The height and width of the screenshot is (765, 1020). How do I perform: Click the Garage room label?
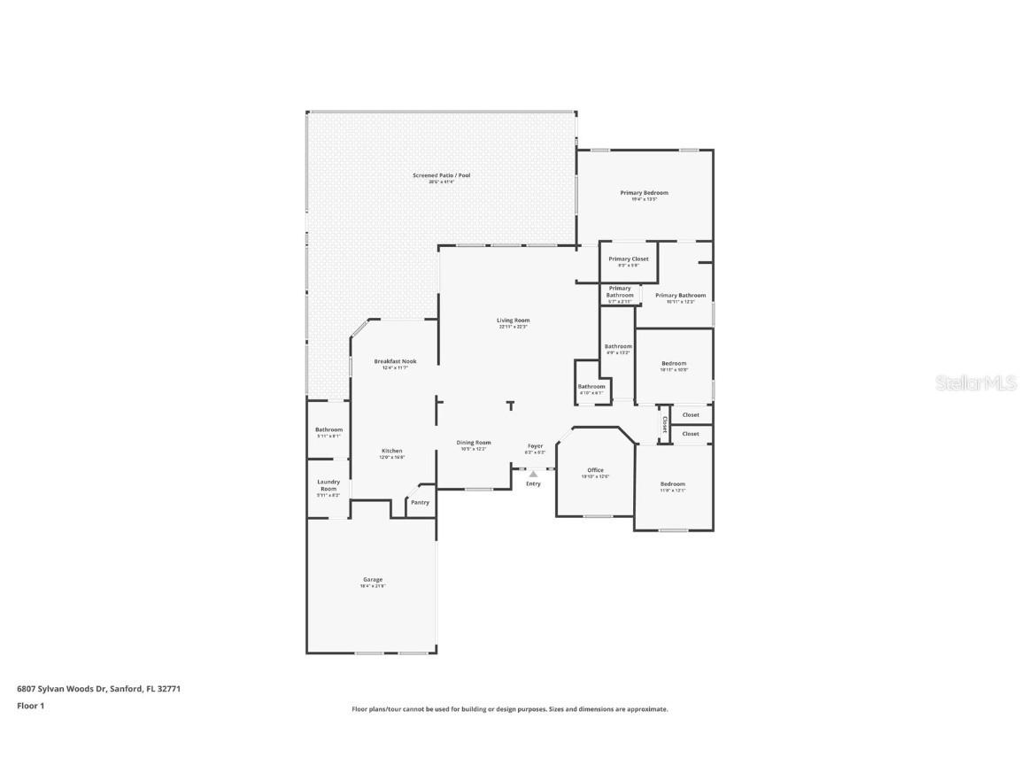[x=372, y=580]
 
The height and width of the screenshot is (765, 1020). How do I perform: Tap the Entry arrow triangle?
[x=533, y=475]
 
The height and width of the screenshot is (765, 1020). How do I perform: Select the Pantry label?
[x=420, y=503]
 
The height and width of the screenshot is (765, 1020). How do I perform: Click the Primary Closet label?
[x=629, y=259]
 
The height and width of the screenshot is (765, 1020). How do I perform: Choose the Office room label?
[x=595, y=470]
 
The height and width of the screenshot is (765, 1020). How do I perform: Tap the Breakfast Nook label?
[x=395, y=361]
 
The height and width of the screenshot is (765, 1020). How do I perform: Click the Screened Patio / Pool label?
[x=441, y=175]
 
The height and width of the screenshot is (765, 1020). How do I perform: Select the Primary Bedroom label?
[x=644, y=192]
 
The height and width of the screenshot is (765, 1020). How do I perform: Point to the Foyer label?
[x=535, y=445]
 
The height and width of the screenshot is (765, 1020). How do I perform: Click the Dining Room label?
[x=474, y=443]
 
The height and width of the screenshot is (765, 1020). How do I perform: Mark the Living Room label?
[x=513, y=321]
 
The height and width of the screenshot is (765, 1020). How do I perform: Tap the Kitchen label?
[x=392, y=451]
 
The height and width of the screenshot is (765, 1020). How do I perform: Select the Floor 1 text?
[x=30, y=706]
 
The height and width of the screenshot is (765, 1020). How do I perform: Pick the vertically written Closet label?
[x=664, y=424]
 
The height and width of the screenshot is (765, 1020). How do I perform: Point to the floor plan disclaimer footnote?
[x=509, y=709]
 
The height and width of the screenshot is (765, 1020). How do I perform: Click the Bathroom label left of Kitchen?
[x=328, y=429]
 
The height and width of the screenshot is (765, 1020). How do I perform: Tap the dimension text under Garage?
[x=372, y=586]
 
